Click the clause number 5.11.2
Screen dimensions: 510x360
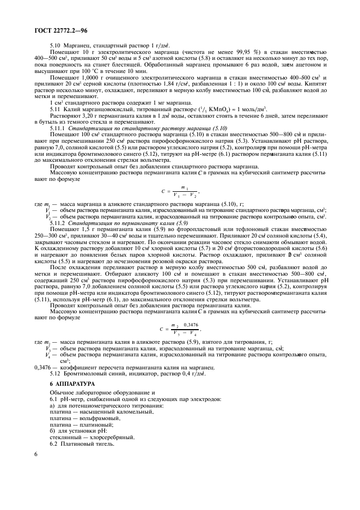coord(58,223)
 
